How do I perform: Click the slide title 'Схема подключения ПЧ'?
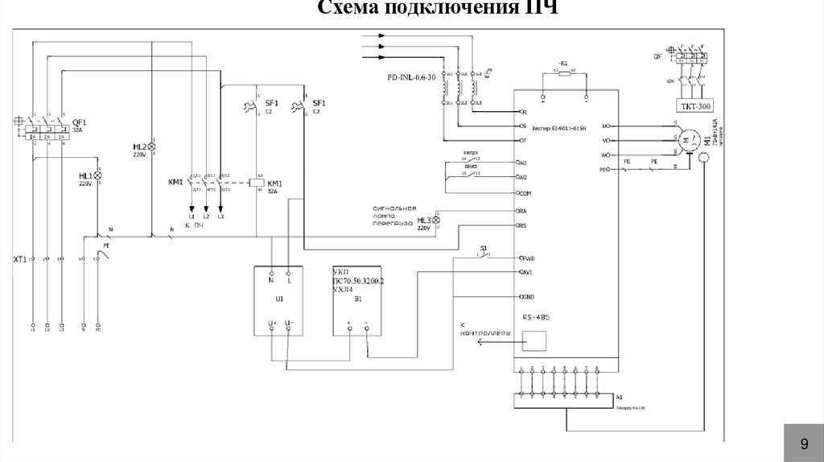pyautogui.click(x=435, y=8)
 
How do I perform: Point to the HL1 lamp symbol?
pyautogui.click(x=99, y=175)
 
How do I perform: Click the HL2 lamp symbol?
pyautogui.click(x=150, y=147)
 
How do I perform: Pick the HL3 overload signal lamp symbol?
pyautogui.click(x=437, y=220)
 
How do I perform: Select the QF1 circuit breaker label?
pyautogui.click(x=79, y=122)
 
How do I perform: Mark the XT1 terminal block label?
pyautogui.click(x=20, y=259)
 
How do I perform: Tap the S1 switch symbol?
pyautogui.click(x=482, y=256)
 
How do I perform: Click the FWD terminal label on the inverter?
pyautogui.click(x=528, y=258)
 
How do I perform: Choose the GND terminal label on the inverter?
pyautogui.click(x=528, y=296)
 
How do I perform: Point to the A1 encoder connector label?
pyautogui.click(x=619, y=398)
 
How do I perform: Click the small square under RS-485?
pyautogui.click(x=534, y=341)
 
